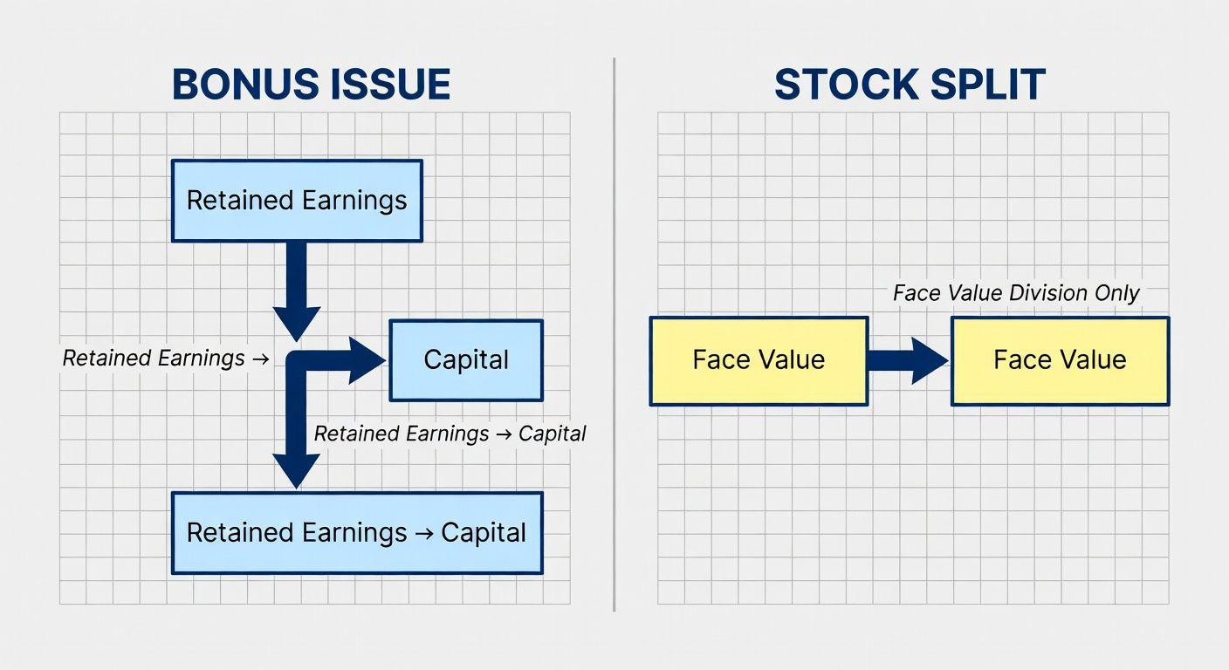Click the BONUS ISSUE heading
311,85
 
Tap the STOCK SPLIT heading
910,85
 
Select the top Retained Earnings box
297,201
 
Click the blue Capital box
466,360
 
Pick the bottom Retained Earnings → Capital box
357,533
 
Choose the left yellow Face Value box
759,361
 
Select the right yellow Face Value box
1060,361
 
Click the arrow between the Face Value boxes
908,361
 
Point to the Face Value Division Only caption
1016,293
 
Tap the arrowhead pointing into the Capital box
367,360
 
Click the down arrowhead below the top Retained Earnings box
296,324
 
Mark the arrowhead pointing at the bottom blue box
296,471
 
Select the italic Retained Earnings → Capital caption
450,434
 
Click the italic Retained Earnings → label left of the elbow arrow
166,358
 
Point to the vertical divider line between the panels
614,334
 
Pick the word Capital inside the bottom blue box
484,533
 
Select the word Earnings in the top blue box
354,201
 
